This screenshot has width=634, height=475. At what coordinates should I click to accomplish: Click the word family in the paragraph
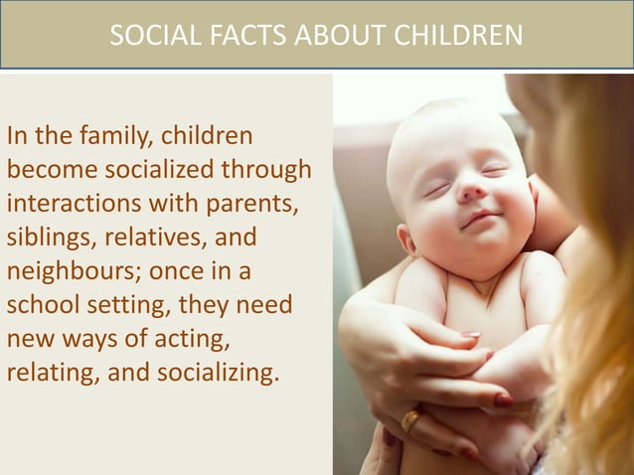[114, 134]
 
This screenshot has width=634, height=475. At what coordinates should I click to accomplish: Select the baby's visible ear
[405, 238]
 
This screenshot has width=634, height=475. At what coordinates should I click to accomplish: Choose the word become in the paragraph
[51, 169]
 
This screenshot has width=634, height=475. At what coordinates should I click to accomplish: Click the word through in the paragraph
[267, 169]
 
